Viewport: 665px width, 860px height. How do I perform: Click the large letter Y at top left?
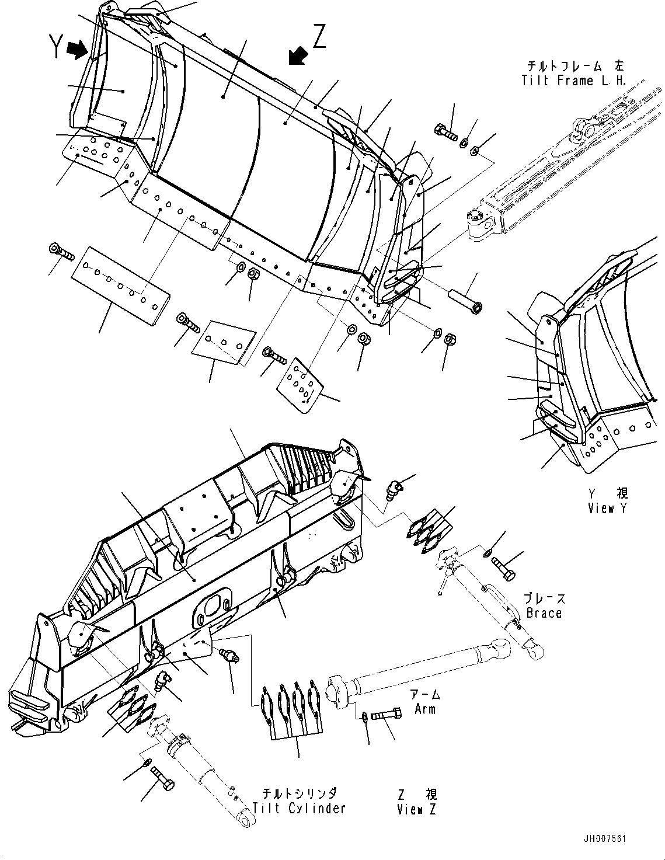pyautogui.click(x=56, y=47)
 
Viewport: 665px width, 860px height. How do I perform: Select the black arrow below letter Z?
pyautogui.click(x=298, y=56)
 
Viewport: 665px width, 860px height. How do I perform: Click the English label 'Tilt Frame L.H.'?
pyautogui.click(x=573, y=81)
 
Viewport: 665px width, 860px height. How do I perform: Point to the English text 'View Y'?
pyautogui.click(x=608, y=508)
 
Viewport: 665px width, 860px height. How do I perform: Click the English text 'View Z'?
pyautogui.click(x=417, y=809)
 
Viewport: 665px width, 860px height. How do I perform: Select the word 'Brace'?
pyautogui.click(x=544, y=613)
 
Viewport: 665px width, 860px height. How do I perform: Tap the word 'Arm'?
pyautogui.click(x=425, y=709)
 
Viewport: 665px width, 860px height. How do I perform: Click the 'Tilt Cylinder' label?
pyautogui.click(x=299, y=808)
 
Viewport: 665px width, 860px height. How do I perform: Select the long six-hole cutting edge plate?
pyautogui.click(x=121, y=284)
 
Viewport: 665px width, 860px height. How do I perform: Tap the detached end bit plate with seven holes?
pyautogui.click(x=300, y=384)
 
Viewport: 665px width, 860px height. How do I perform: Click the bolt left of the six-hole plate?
pyautogui.click(x=61, y=253)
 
